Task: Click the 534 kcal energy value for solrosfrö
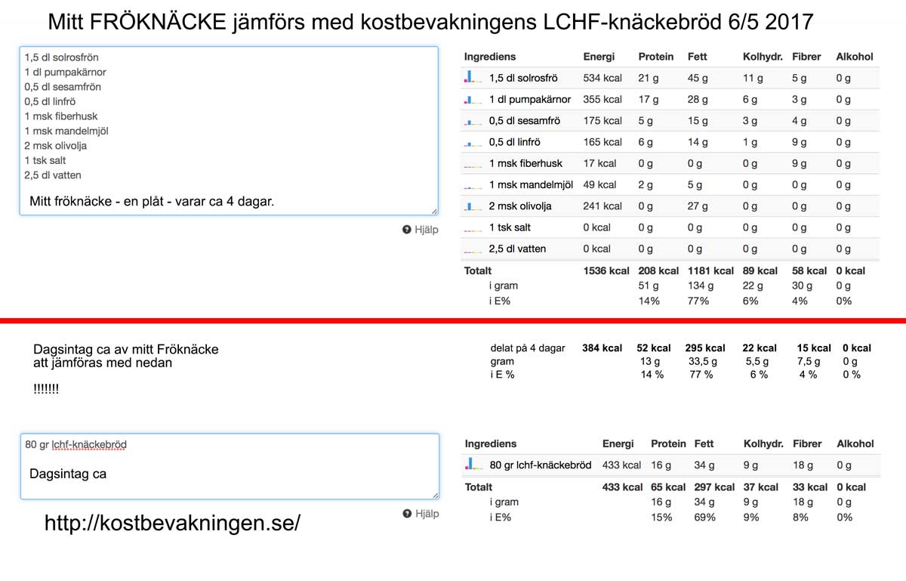[602, 78]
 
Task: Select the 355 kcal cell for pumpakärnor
[602, 99]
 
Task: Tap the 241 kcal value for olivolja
[602, 206]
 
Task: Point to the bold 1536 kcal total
[606, 270]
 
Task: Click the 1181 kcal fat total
[710, 270]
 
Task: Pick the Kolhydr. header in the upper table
[763, 57]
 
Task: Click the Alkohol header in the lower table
[855, 443]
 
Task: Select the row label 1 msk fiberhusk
[525, 163]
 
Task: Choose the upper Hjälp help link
[421, 230]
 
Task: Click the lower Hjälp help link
[421, 514]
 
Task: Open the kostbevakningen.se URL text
[172, 523]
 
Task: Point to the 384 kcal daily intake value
[602, 348]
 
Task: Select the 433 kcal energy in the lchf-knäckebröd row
[621, 465]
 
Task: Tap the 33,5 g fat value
[704, 362]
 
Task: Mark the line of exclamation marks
[46, 389]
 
